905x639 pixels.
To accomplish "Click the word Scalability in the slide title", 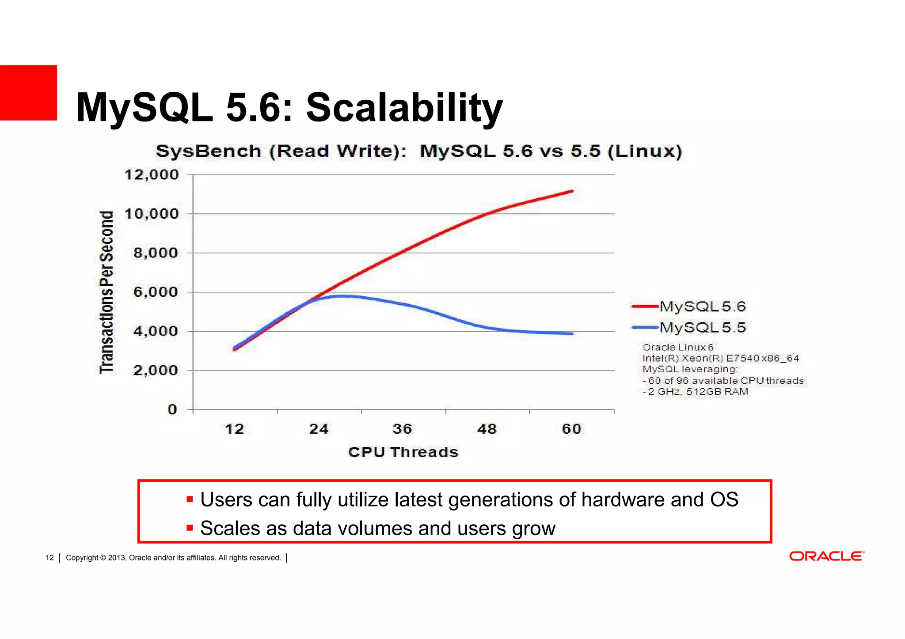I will click(x=404, y=108).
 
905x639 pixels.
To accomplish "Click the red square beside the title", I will click(x=28, y=93).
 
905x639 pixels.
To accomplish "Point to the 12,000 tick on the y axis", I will click(x=152, y=175).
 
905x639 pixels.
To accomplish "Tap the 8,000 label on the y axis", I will click(x=156, y=253).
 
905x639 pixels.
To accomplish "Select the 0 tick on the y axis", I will click(x=172, y=410).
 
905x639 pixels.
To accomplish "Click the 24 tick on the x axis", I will click(x=319, y=429).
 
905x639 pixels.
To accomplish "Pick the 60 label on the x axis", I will click(x=571, y=429).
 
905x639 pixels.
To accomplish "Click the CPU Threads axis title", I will click(x=403, y=452).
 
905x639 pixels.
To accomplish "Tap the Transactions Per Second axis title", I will click(x=106, y=292).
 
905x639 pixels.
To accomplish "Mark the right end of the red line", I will click(x=572, y=191).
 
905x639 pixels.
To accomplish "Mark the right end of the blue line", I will click(x=572, y=334).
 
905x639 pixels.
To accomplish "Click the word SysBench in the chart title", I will click(x=208, y=151).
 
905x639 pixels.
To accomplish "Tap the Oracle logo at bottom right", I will click(x=826, y=556).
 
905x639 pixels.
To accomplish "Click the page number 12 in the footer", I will click(x=49, y=558).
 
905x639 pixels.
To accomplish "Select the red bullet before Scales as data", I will click(x=190, y=528).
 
